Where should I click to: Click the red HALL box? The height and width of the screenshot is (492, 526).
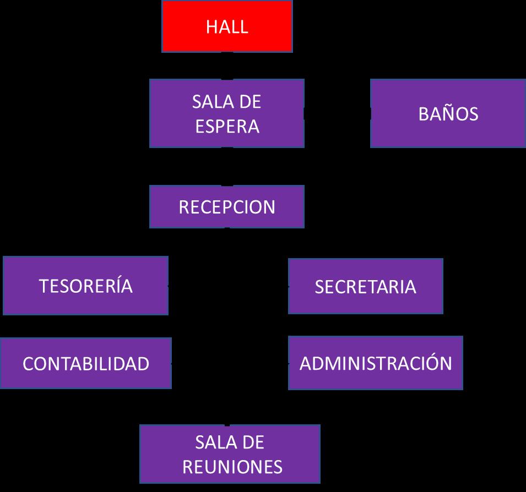[227, 26]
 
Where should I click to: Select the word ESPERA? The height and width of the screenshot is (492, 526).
[227, 126]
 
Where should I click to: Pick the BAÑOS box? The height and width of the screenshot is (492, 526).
[448, 113]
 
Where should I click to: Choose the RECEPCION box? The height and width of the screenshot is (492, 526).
[227, 207]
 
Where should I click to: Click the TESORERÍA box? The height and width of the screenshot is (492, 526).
[85, 286]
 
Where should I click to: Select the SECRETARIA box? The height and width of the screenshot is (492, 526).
[365, 286]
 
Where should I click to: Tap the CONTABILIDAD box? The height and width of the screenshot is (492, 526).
[85, 363]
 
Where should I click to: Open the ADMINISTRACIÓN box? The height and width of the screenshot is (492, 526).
[375, 363]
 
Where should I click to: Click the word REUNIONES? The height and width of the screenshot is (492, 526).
[232, 467]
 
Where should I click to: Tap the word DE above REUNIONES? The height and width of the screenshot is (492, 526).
[253, 442]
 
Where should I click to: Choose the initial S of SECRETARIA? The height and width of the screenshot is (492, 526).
[320, 287]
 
